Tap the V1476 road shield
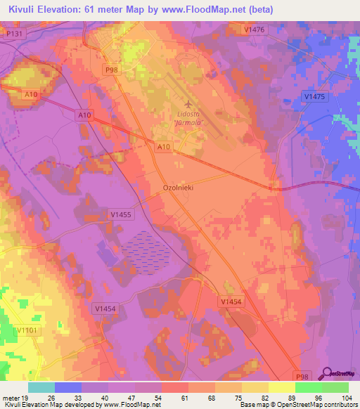[255, 29]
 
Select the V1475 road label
[314, 96]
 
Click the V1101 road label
[27, 330]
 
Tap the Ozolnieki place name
[178, 188]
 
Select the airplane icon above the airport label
[188, 104]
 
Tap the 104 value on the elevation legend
[346, 398]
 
